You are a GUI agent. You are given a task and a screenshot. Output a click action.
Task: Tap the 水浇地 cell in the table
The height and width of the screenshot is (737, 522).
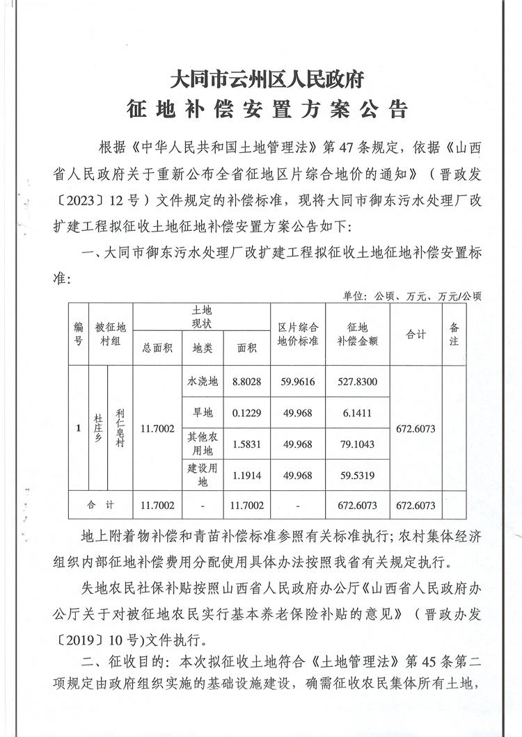pos(203,382)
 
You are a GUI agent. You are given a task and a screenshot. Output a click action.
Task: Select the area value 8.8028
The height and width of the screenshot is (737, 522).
pos(246,382)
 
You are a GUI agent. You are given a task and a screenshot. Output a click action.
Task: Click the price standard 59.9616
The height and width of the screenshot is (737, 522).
pos(297,382)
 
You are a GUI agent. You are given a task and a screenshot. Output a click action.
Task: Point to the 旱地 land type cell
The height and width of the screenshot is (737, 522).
pos(203,413)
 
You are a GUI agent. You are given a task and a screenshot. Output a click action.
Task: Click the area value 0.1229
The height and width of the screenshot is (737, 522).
pos(246,413)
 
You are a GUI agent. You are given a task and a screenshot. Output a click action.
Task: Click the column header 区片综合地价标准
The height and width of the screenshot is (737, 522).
pos(297,334)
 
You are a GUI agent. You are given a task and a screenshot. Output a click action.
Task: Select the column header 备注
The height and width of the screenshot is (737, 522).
pos(454,334)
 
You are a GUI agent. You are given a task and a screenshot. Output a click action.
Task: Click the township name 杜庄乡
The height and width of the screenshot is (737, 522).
pos(98,428)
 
